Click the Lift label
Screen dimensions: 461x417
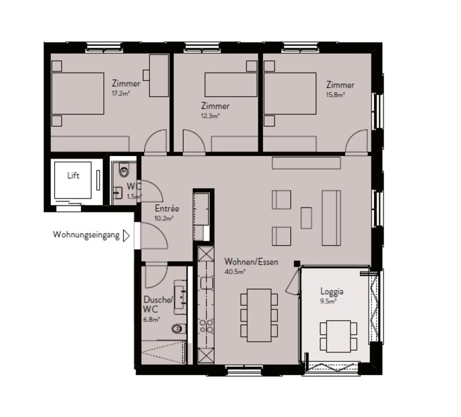tap(73, 175)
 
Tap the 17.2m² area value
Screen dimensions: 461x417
tap(121, 93)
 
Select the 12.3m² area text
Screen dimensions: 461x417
tap(210, 116)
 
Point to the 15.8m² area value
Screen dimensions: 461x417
tap(335, 95)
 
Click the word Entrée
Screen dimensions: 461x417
tap(167, 208)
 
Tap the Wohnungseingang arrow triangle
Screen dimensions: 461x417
tap(126, 236)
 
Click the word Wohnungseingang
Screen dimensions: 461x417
tap(86, 235)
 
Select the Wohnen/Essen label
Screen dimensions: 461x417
tap(251, 262)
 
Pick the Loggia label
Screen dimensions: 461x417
tap(332, 292)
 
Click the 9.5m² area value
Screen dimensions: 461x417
tap(328, 301)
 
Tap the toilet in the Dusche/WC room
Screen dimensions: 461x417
tap(179, 329)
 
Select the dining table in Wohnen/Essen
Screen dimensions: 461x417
tap(259, 315)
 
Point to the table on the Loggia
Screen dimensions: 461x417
tap(338, 336)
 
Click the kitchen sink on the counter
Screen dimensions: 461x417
tap(206, 283)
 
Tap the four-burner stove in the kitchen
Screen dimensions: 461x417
tap(206, 326)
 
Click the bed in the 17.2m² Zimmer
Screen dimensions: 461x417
tap(78, 93)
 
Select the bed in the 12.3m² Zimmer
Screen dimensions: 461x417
tap(231, 85)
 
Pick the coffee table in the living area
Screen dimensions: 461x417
tap(306, 218)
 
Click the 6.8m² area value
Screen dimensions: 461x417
tap(151, 319)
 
